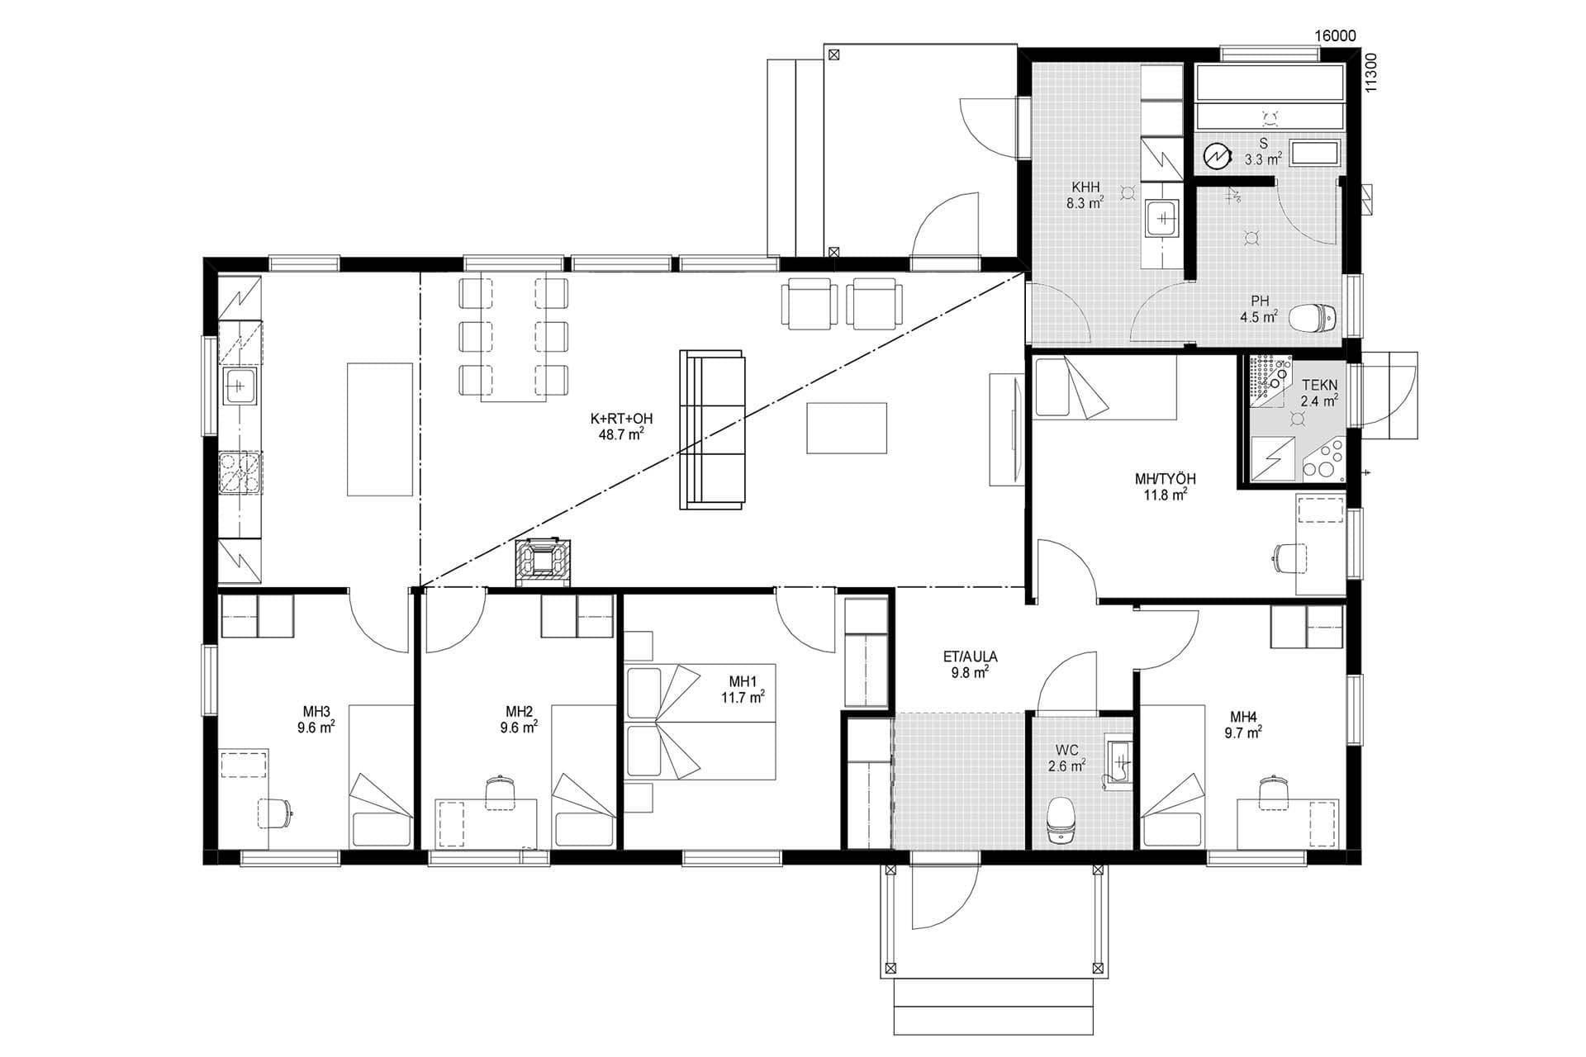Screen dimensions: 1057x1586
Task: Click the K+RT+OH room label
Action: pos(620,426)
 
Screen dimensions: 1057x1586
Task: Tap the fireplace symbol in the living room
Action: pos(543,562)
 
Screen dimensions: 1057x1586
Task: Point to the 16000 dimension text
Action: pos(1335,36)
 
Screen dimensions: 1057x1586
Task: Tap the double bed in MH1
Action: pos(702,721)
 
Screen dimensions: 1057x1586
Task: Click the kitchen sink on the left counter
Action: pos(240,386)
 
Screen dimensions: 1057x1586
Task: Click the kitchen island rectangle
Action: pos(379,429)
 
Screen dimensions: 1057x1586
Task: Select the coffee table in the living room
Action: pos(847,428)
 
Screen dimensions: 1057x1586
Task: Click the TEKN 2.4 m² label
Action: pos(1318,393)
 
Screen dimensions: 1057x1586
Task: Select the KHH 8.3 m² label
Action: pos(1085,195)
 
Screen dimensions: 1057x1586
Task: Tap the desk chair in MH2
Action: pos(498,791)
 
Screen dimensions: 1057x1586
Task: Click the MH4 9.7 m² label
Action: pos(1244,724)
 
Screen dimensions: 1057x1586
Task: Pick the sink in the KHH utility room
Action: pos(1162,219)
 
